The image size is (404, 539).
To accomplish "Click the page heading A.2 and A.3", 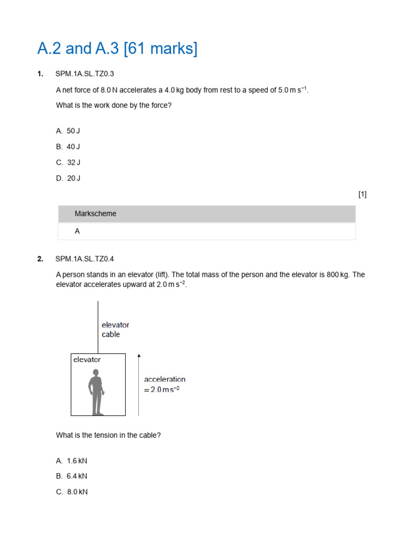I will pos(117,48).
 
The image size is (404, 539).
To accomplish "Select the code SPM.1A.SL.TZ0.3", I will pos(85,74).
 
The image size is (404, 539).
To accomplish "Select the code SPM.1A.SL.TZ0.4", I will pos(85,258).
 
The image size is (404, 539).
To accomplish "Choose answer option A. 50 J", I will pos(68,131).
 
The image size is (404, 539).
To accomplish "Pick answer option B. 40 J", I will pos(68,146).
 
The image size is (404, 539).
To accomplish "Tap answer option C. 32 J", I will pos(68,162).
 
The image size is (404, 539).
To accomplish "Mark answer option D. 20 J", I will pos(68,178).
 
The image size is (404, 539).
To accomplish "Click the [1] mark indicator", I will pos(362,194).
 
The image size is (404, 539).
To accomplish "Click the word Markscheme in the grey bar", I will pos(96,214).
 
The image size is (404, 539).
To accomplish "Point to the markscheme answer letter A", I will pos(77,231).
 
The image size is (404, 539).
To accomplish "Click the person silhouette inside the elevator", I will pos(95,392).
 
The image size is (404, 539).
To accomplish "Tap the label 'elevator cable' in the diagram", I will pos(115,330).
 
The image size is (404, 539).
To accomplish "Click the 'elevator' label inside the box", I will pos(87,360).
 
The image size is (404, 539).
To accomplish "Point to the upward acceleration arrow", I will pos(139,384).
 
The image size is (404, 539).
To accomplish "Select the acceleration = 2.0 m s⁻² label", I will pos(165,384).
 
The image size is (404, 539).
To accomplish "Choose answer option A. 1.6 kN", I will pos(72,461).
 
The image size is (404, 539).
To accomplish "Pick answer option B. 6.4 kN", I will pos(72,476).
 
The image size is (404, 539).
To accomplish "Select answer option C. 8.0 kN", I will pos(72,492).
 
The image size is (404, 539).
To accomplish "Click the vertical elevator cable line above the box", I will pos(98,326).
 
